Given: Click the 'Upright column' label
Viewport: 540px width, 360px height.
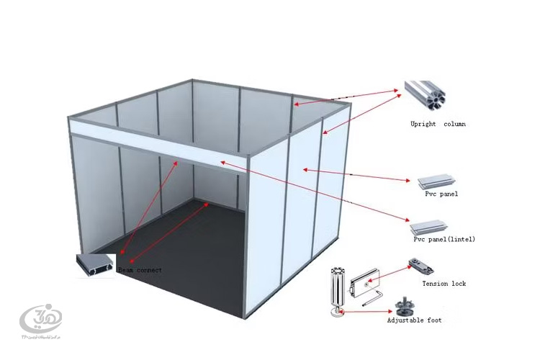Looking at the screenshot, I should (x=438, y=124).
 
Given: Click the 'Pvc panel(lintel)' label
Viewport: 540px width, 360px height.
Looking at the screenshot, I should (x=444, y=238).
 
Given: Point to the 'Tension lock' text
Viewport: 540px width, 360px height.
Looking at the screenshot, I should (x=444, y=284).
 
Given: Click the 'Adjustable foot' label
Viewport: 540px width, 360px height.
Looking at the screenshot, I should (x=414, y=320).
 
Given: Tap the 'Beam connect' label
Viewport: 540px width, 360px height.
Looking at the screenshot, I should (x=140, y=270).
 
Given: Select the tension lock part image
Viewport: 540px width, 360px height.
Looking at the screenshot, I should (x=420, y=266).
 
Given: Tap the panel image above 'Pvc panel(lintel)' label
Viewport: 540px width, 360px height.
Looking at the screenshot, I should (x=433, y=225).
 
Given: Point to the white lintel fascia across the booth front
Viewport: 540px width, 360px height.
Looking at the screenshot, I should (x=158, y=143).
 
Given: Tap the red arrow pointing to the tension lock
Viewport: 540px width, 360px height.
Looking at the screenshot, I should (x=393, y=274).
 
